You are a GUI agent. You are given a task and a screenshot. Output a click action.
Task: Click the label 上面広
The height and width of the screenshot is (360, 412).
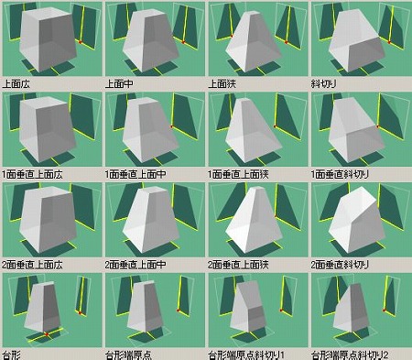(16, 83)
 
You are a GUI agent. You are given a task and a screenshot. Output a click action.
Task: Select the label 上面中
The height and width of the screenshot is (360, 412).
(119, 83)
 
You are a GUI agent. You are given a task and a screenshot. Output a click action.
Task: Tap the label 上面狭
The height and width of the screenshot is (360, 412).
(222, 83)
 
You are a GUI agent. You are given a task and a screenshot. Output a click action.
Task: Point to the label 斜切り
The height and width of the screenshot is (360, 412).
(323, 83)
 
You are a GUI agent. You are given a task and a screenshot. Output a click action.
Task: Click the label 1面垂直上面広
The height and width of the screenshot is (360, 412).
(32, 174)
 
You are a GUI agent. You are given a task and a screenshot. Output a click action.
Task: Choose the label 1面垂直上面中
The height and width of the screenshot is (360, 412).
(136, 174)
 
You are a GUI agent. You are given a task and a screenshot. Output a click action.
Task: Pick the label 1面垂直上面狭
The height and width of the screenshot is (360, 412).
(238, 174)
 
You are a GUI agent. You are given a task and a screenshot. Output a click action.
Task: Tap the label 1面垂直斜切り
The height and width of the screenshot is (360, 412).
(340, 174)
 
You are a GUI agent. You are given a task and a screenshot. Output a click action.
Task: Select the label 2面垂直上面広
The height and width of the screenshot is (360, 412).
(32, 265)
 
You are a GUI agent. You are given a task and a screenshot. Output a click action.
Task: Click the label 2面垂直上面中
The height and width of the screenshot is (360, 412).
(136, 265)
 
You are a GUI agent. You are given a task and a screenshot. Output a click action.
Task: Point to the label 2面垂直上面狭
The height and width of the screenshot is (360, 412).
(238, 265)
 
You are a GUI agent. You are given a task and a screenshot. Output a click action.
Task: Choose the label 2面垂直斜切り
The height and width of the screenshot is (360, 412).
(340, 265)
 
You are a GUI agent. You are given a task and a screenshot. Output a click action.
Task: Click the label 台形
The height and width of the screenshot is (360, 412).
(12, 355)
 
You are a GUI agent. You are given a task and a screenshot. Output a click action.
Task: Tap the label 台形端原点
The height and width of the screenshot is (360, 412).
(128, 355)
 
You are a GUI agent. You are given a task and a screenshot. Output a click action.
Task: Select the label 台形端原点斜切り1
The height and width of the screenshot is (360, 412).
(246, 355)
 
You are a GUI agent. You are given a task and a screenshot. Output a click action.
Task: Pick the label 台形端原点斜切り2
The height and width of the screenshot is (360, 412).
(350, 355)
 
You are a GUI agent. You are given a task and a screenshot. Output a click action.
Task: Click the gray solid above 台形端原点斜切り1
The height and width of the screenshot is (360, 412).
(248, 306)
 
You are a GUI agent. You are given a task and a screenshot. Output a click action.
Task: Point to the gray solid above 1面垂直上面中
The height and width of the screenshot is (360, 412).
(150, 130)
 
